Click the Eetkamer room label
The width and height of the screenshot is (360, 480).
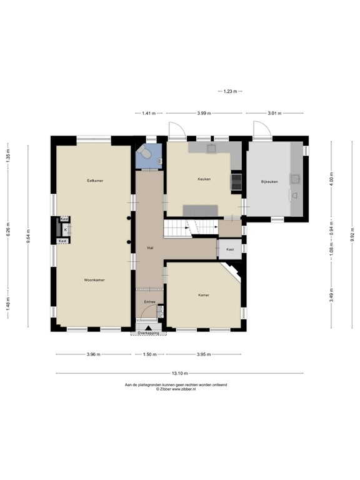point(95,180)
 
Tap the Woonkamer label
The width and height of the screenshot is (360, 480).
point(94,280)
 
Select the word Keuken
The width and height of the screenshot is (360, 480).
point(204,179)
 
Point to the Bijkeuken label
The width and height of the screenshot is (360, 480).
point(269,182)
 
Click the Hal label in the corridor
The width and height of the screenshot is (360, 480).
point(150,247)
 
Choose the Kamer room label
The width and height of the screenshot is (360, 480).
point(204,294)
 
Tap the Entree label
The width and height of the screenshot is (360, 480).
point(149,302)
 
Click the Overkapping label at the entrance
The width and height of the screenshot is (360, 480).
point(149,333)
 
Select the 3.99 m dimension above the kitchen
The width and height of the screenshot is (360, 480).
point(204,113)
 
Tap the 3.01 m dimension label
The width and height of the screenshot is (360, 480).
point(275,113)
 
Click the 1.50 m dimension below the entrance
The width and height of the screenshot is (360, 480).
point(149,354)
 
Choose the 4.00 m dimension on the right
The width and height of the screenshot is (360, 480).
point(332,181)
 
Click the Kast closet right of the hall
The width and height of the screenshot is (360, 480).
point(230,249)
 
